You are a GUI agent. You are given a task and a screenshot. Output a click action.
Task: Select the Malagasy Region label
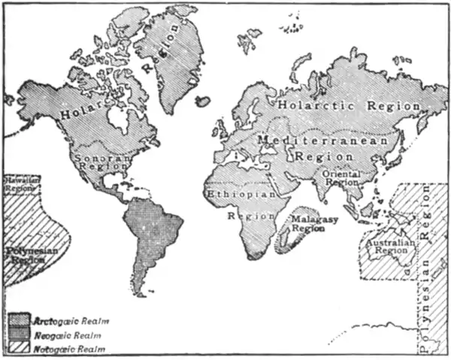(308, 222)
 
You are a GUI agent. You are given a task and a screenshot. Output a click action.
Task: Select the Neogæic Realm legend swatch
(20, 334)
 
